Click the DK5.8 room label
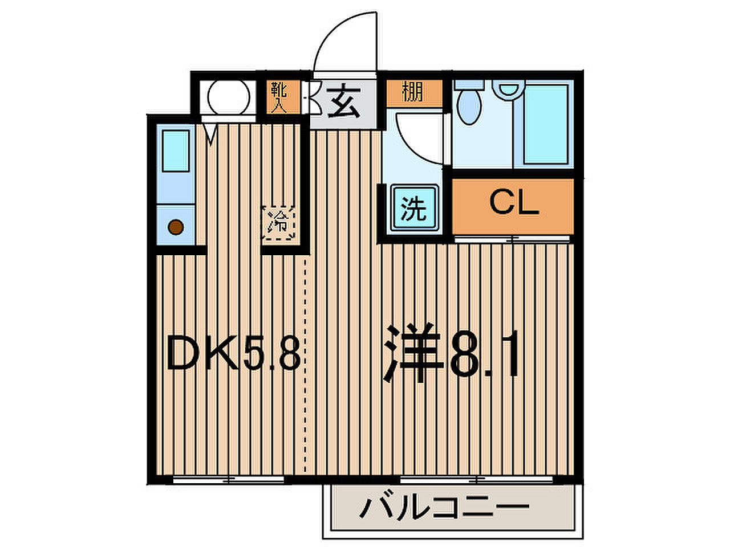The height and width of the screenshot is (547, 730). tap(234, 352)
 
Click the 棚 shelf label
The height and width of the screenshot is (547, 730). tap(412, 92)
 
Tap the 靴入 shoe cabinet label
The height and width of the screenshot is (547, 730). tap(279, 97)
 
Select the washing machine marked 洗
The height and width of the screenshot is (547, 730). tap(413, 208)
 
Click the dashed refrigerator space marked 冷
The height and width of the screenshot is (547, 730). tap(279, 223)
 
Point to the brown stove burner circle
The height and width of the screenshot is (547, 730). tap(176, 227)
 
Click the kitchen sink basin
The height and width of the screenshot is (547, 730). tap(176, 151)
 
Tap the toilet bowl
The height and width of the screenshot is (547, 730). tap(469, 104)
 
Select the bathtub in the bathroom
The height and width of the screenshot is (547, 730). tap(545, 124)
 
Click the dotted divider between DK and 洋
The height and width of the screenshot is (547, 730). tap(305, 365)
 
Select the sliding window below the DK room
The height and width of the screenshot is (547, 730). tap(229, 479)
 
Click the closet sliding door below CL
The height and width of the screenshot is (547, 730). tap(513, 239)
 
